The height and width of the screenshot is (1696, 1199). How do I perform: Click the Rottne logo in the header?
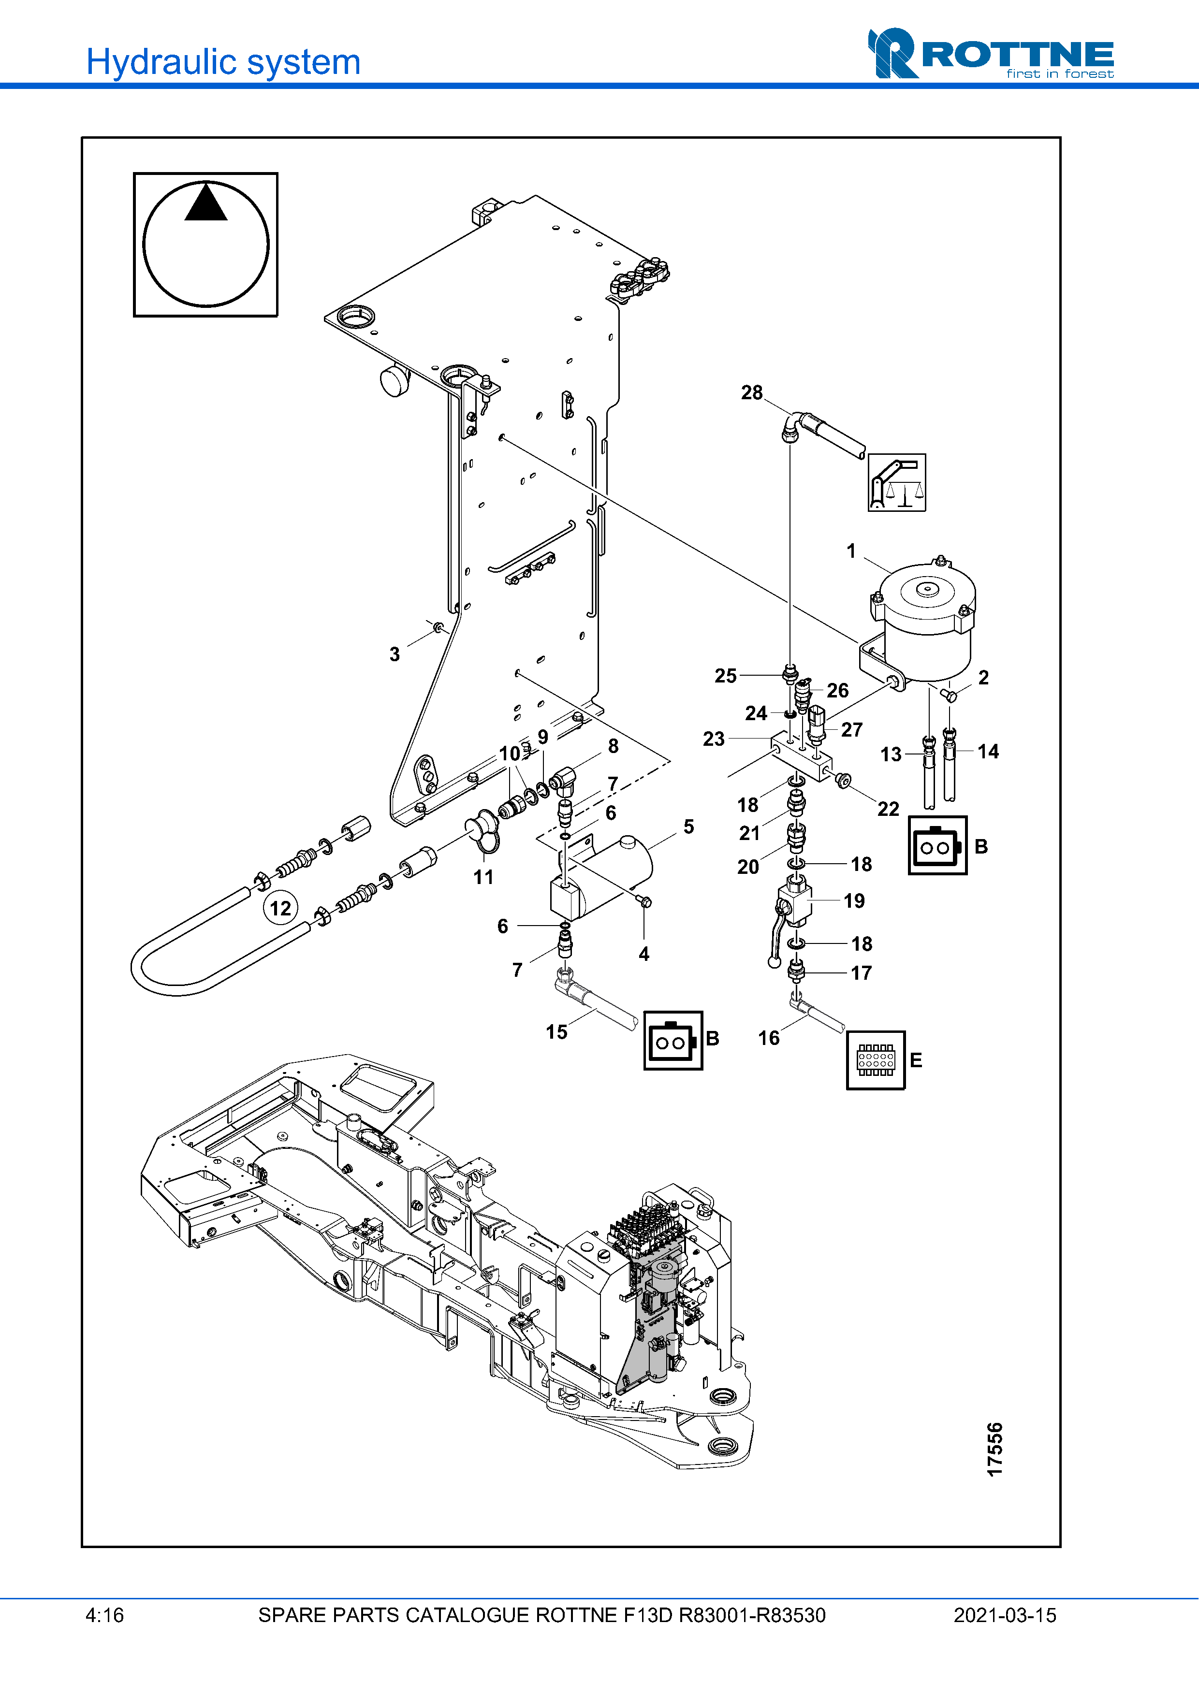[990, 54]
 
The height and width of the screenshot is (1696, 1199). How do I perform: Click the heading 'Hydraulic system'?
[223, 62]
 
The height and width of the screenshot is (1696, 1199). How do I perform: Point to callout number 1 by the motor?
[851, 551]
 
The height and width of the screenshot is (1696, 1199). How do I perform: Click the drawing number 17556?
[994, 1450]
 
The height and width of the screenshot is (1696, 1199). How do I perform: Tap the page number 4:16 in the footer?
[104, 1615]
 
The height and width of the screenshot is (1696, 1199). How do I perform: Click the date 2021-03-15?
[1004, 1615]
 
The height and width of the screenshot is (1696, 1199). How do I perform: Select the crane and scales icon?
[896, 482]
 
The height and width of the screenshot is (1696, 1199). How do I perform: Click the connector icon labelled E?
[876, 1060]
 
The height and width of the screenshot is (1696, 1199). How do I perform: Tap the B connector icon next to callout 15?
[673, 1040]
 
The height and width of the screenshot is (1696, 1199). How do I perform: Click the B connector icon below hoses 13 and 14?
[937, 846]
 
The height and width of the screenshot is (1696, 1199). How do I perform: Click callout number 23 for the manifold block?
[714, 739]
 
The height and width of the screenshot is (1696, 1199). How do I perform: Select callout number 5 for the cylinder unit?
[688, 826]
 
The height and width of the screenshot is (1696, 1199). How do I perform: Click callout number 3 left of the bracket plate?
[395, 654]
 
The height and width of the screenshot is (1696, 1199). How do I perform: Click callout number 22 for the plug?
[888, 809]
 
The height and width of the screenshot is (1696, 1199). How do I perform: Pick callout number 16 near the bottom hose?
[768, 1038]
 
